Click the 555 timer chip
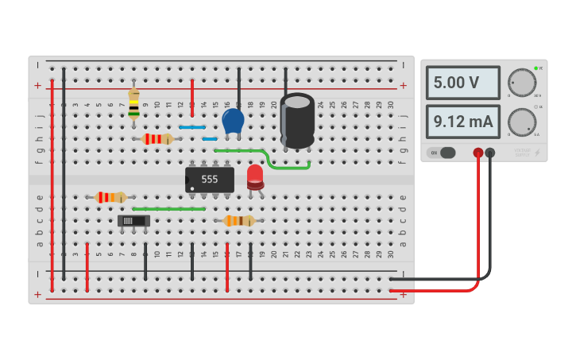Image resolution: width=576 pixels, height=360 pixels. (x=210, y=180)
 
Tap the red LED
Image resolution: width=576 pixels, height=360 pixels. (x=255, y=176)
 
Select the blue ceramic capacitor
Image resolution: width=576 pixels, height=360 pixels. (x=233, y=121)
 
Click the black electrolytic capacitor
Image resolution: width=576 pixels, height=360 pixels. (x=297, y=121)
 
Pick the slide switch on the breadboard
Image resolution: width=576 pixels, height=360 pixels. (x=133, y=221)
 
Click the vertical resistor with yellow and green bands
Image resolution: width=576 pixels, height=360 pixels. (x=133, y=104)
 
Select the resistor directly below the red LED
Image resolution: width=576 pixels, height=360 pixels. (x=238, y=221)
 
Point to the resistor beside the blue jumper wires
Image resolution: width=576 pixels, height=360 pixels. (x=157, y=139)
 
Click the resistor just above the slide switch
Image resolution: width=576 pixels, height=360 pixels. (x=110, y=197)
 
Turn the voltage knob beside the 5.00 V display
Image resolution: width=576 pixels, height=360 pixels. (x=521, y=83)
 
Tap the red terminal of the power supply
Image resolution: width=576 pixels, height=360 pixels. (x=478, y=153)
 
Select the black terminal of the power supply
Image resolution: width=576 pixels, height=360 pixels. (x=490, y=153)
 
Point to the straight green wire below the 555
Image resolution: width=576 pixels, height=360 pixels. (x=168, y=209)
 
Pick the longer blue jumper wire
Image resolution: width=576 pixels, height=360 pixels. (x=192, y=127)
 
